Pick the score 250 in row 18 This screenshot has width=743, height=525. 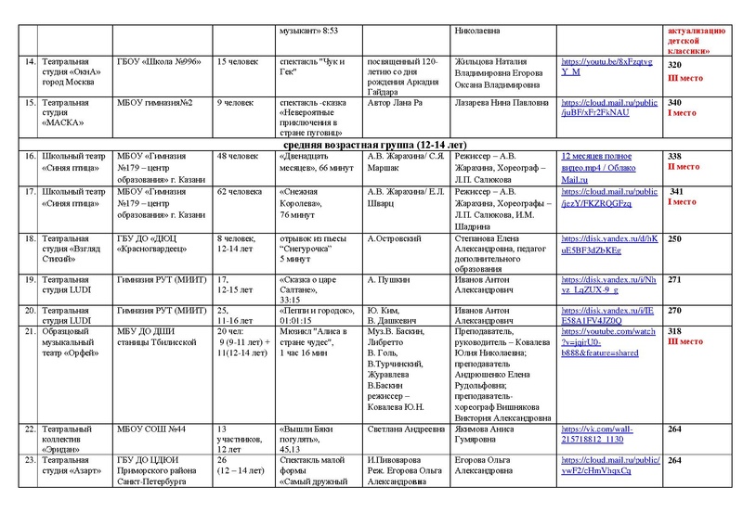(x=675, y=238)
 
